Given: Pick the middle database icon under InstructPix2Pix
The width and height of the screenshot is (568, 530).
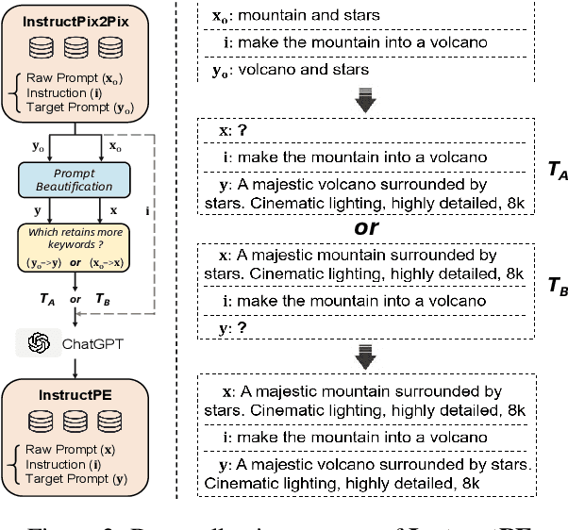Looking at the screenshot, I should coord(72,47).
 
